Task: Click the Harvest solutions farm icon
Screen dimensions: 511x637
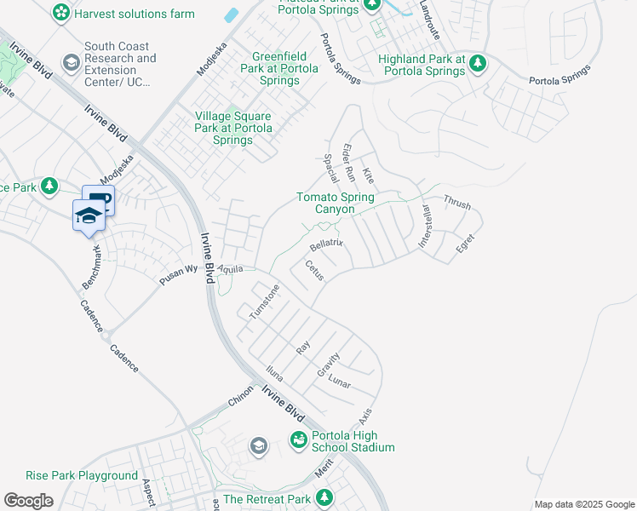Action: click(60, 13)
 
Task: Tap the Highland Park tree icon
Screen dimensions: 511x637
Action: click(478, 63)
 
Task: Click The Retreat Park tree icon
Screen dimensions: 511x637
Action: click(324, 497)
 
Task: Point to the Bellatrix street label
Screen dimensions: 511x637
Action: click(325, 244)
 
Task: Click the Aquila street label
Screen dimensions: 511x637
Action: click(230, 268)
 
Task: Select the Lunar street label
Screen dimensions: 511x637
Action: click(339, 382)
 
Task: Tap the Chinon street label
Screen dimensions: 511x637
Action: click(240, 400)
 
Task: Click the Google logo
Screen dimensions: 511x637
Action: click(28, 501)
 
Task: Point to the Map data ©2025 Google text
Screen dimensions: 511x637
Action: click(584, 504)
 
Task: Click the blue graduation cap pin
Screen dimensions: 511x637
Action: click(88, 215)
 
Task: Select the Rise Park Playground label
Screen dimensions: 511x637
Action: click(82, 475)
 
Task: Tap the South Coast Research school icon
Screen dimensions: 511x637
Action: click(72, 63)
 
